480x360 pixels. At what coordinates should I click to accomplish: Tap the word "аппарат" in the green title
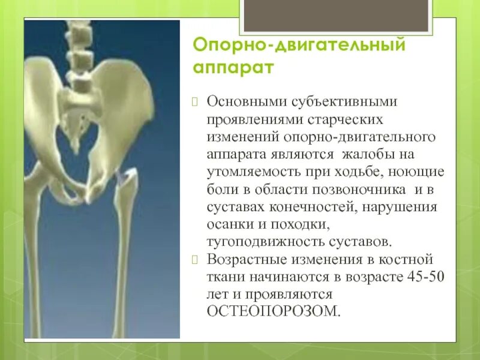[x=233, y=67]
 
